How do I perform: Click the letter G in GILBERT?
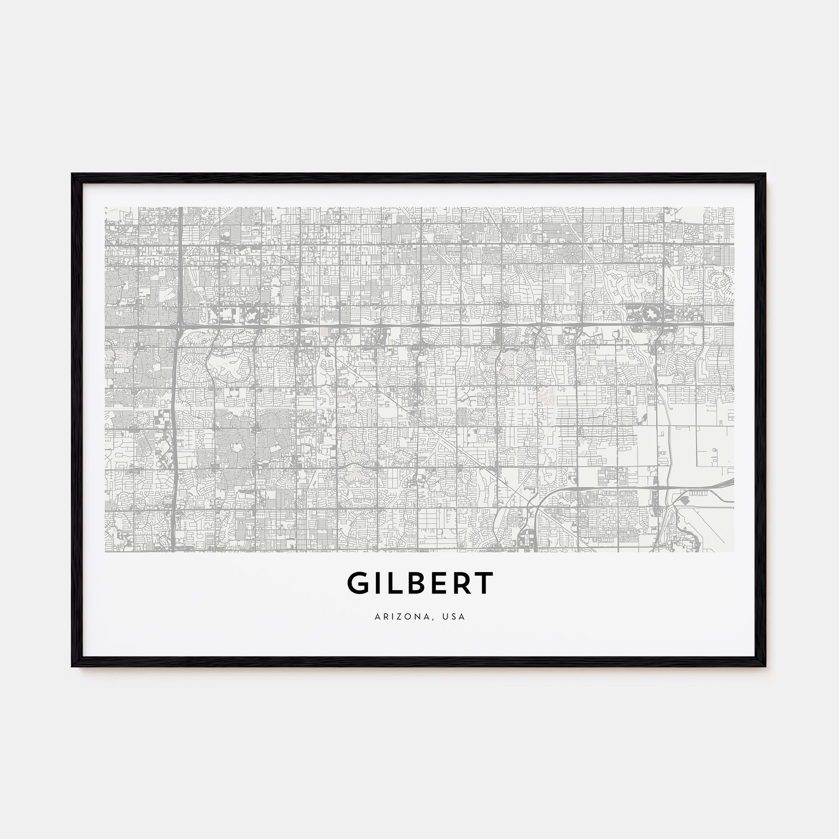click(357, 583)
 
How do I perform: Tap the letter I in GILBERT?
click(378, 583)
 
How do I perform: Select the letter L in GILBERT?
click(394, 583)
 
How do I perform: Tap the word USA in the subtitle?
click(454, 617)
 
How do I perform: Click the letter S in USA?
click(454, 617)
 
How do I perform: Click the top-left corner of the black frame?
click(72, 175)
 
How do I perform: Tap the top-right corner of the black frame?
click(765, 175)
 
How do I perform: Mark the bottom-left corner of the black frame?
click(72, 666)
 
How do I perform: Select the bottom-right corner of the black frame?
click(765, 666)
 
